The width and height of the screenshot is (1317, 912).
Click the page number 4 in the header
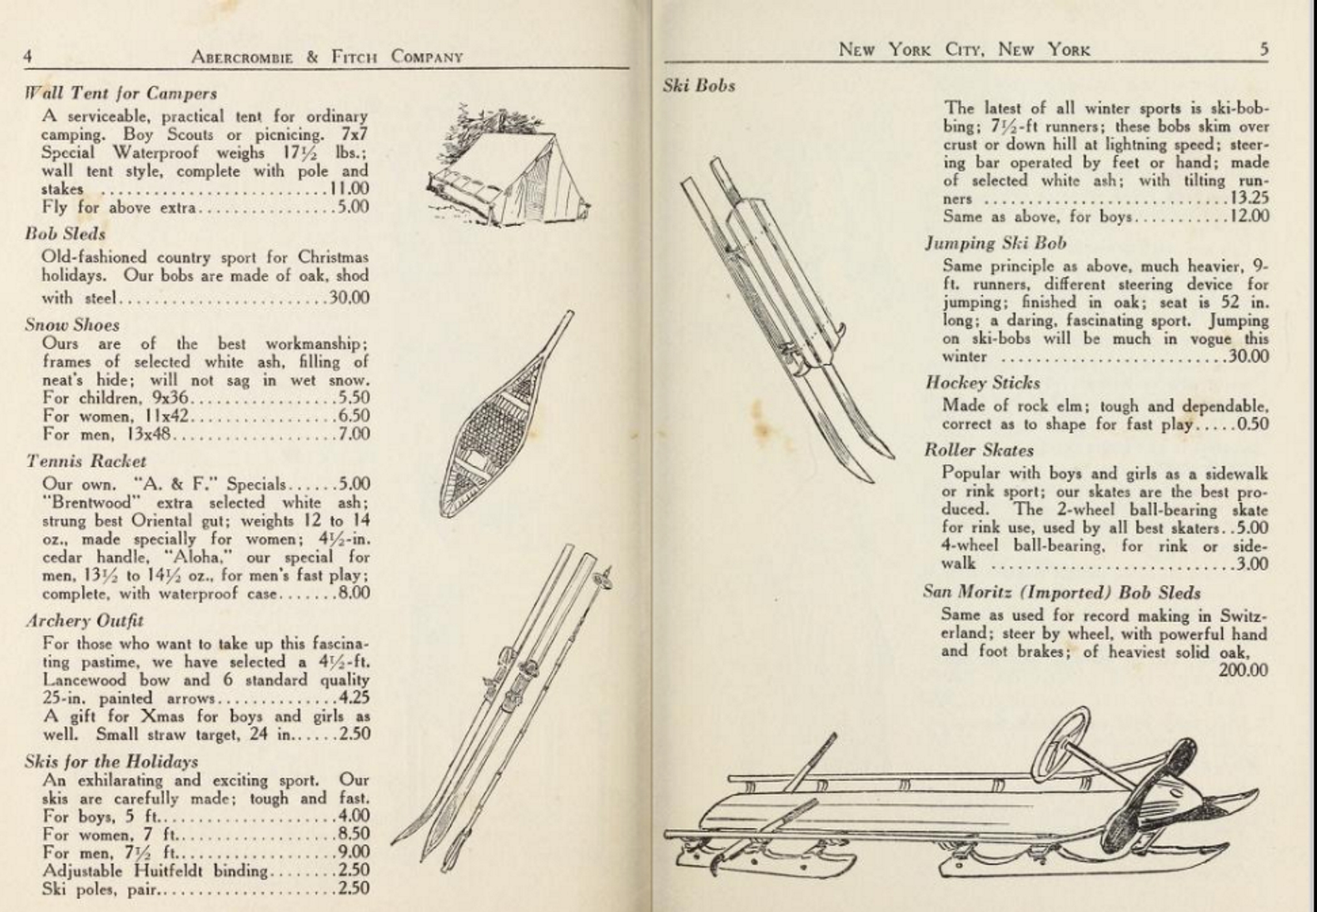tap(27, 57)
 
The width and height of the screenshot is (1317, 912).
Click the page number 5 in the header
tap(1264, 50)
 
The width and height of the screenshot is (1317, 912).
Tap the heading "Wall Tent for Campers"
tap(120, 94)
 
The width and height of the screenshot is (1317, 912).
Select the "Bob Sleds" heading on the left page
tap(65, 234)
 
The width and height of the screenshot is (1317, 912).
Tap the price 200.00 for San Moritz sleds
tap(1243, 670)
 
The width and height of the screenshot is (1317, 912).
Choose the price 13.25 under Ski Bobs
tap(1248, 198)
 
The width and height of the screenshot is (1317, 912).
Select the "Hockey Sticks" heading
tap(982, 383)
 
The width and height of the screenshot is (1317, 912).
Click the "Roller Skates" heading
tap(978, 450)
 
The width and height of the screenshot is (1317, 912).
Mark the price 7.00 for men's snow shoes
tap(354, 434)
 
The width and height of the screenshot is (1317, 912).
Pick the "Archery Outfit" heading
tap(85, 621)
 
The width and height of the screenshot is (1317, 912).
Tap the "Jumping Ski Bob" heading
tap(995, 244)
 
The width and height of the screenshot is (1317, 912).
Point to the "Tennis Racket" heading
tap(86, 461)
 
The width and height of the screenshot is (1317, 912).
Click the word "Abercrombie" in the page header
tap(242, 57)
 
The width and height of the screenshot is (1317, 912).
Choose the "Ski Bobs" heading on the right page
tap(699, 86)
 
